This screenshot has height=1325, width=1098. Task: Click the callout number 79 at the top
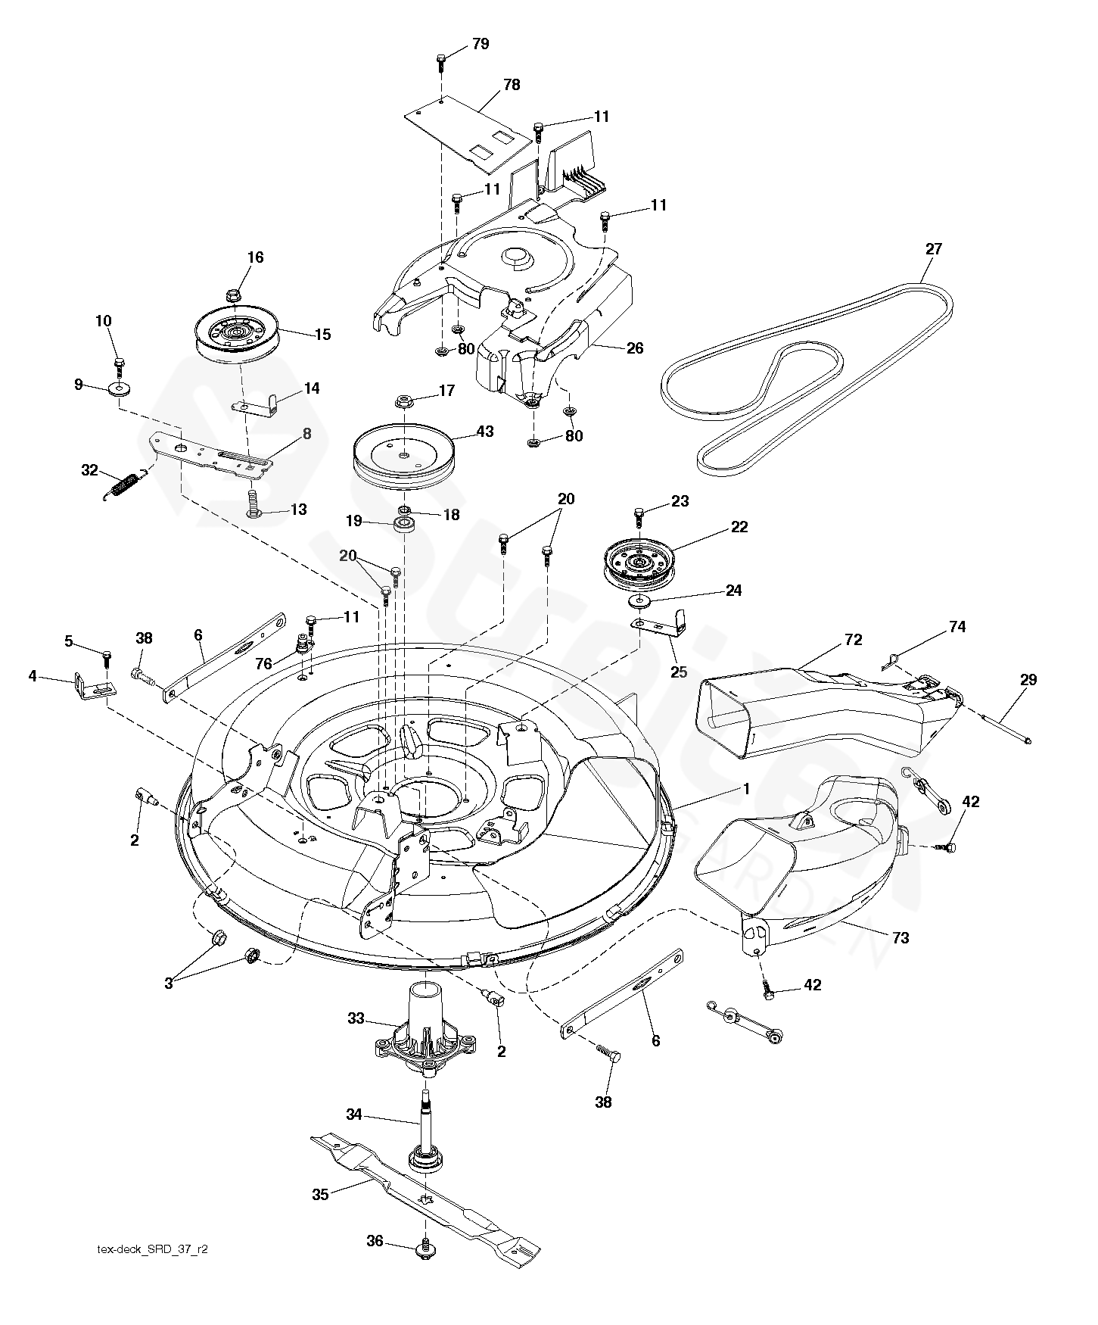click(x=481, y=44)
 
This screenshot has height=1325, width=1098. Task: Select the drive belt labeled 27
click(x=807, y=379)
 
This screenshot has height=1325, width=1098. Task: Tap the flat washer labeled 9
click(x=119, y=389)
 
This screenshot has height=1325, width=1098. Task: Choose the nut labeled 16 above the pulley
click(x=234, y=291)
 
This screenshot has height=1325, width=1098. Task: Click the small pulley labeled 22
click(x=639, y=566)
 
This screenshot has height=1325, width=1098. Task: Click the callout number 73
click(x=900, y=937)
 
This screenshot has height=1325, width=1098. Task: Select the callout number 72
click(x=853, y=640)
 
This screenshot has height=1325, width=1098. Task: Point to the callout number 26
click(x=635, y=348)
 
